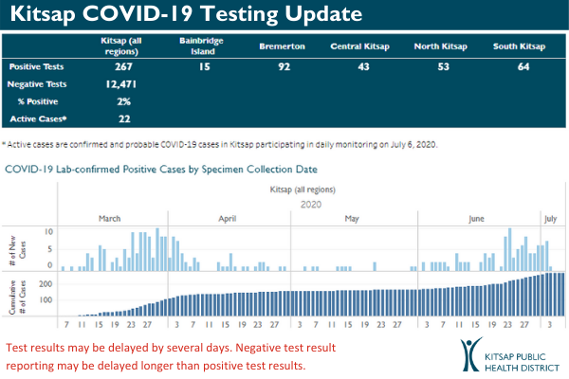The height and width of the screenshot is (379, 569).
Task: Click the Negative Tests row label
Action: coord(34,85)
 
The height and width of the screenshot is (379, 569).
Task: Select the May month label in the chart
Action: coord(351,218)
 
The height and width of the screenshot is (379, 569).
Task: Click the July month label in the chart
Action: coord(551,218)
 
